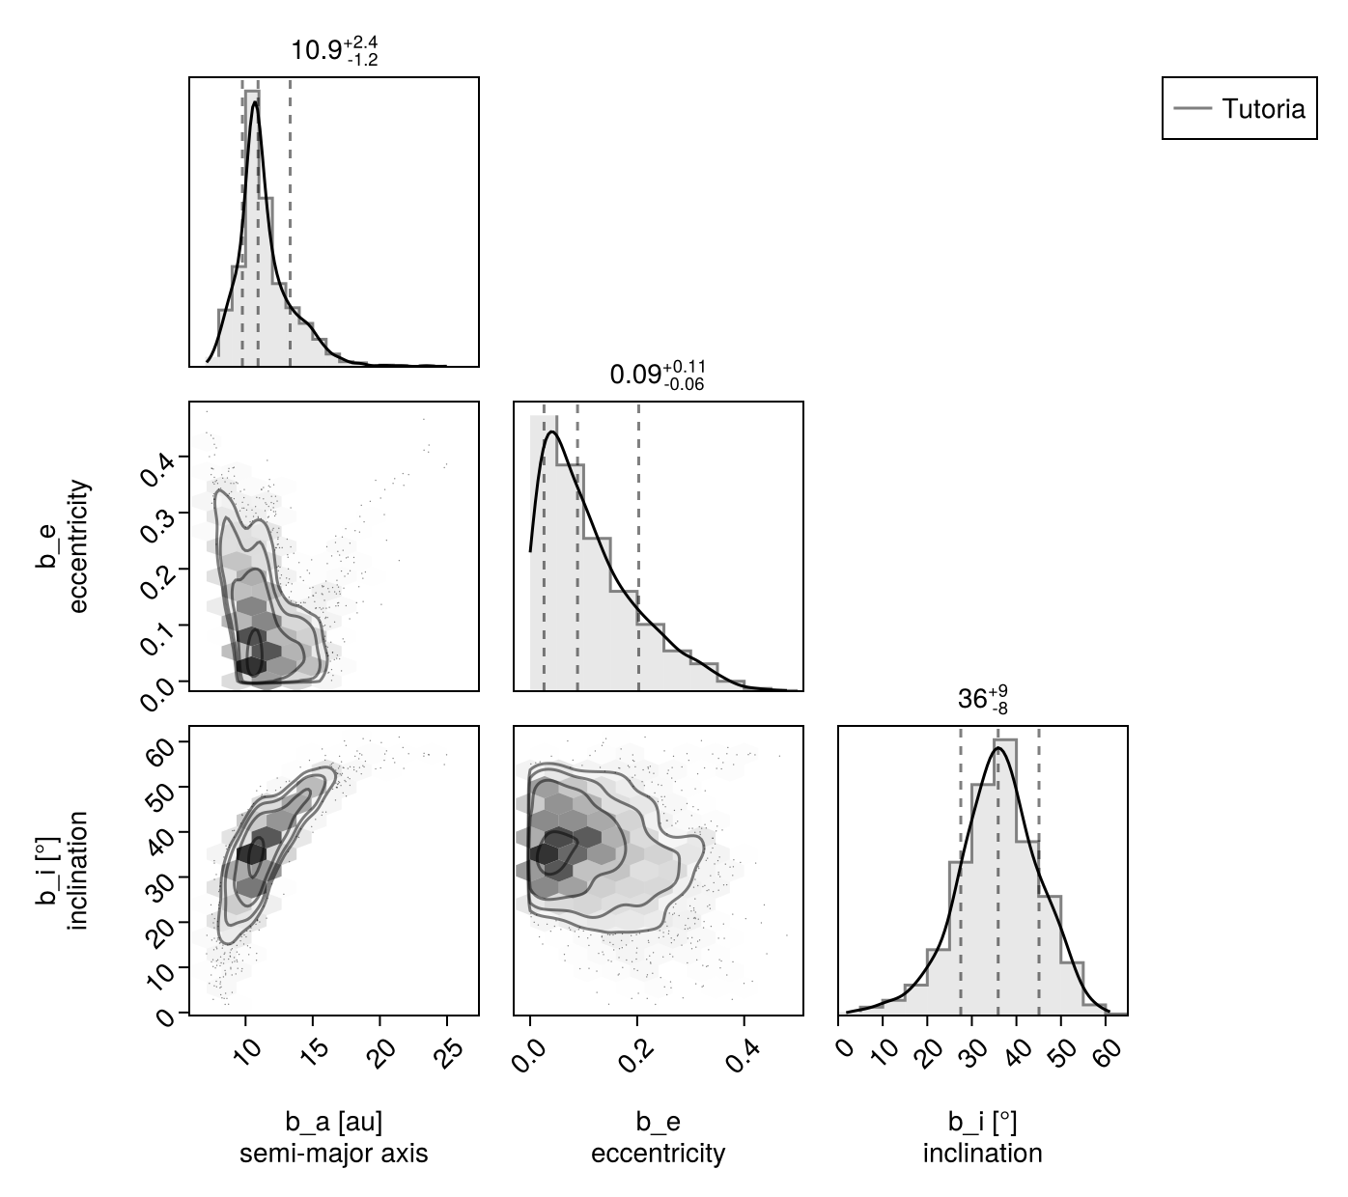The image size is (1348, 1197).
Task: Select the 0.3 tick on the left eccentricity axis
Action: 155,518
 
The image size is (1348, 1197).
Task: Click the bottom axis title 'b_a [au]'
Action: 333,1122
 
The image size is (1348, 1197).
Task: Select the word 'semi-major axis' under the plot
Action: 333,1154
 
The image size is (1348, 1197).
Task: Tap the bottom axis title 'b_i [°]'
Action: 982,1122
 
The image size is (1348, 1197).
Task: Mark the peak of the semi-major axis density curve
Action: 255,102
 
